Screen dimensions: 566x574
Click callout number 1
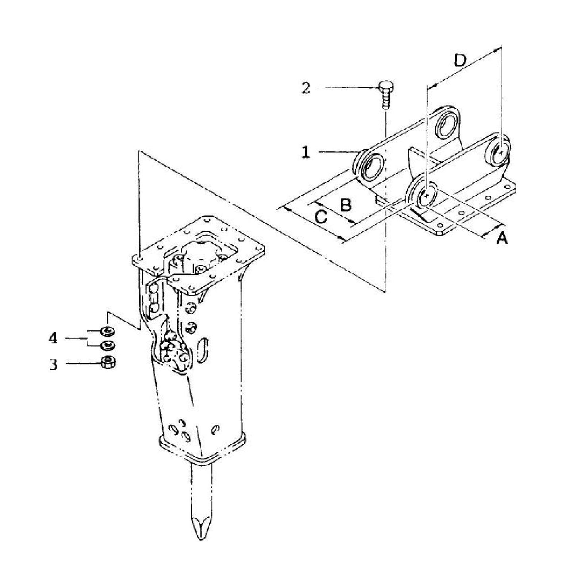click(305, 152)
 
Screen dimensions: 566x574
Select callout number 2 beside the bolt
click(305, 88)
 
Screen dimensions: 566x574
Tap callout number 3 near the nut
click(53, 364)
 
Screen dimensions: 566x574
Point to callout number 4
click(53, 338)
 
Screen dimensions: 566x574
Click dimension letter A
click(502, 238)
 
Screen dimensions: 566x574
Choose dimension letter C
click(321, 217)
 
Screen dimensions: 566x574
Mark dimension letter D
click(460, 60)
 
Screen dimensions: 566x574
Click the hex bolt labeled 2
click(385, 94)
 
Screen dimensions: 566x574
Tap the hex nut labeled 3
click(108, 362)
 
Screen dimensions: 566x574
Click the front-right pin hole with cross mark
click(426, 195)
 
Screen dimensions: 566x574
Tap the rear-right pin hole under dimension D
click(501, 151)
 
